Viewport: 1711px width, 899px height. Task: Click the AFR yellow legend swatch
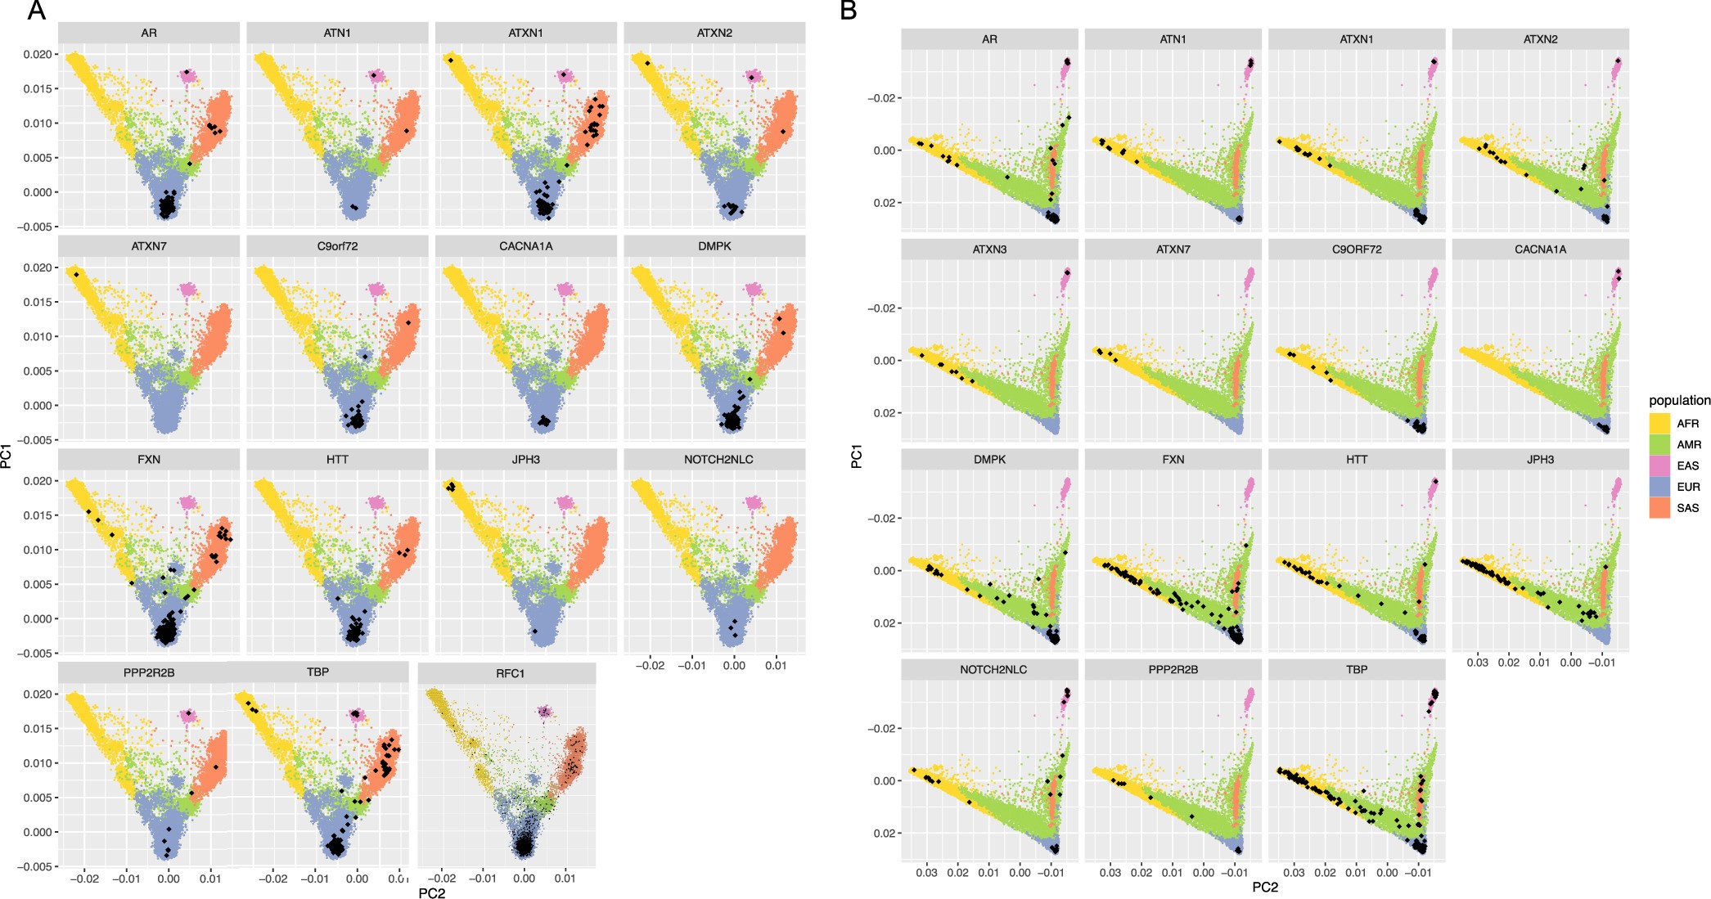pyautogui.click(x=1659, y=424)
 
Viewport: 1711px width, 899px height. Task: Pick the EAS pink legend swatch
pyautogui.click(x=1659, y=465)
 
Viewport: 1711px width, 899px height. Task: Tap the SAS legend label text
pyautogui.click(x=1687, y=508)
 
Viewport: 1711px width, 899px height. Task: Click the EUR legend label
pyautogui.click(x=1687, y=487)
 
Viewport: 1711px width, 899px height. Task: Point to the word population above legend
pyautogui.click(x=1679, y=401)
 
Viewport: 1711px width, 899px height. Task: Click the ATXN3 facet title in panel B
pyautogui.click(x=989, y=249)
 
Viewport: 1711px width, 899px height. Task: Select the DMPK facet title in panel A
pyautogui.click(x=714, y=246)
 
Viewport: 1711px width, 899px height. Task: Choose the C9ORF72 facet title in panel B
pyautogui.click(x=1357, y=249)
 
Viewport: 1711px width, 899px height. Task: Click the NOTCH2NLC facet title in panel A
pyautogui.click(x=718, y=460)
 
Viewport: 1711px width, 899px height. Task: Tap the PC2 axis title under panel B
pyautogui.click(x=1265, y=888)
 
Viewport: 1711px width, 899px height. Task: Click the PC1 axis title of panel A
pyautogui.click(x=7, y=456)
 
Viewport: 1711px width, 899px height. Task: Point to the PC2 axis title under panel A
pyautogui.click(x=431, y=893)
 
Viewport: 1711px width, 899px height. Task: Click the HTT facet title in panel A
pyautogui.click(x=337, y=460)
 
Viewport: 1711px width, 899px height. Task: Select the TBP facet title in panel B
pyautogui.click(x=1357, y=669)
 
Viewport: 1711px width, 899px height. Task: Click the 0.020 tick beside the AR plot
pyautogui.click(x=39, y=55)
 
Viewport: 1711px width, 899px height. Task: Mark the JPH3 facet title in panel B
pyautogui.click(x=1540, y=460)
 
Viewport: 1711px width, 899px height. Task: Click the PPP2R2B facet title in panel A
pyautogui.click(x=149, y=672)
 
